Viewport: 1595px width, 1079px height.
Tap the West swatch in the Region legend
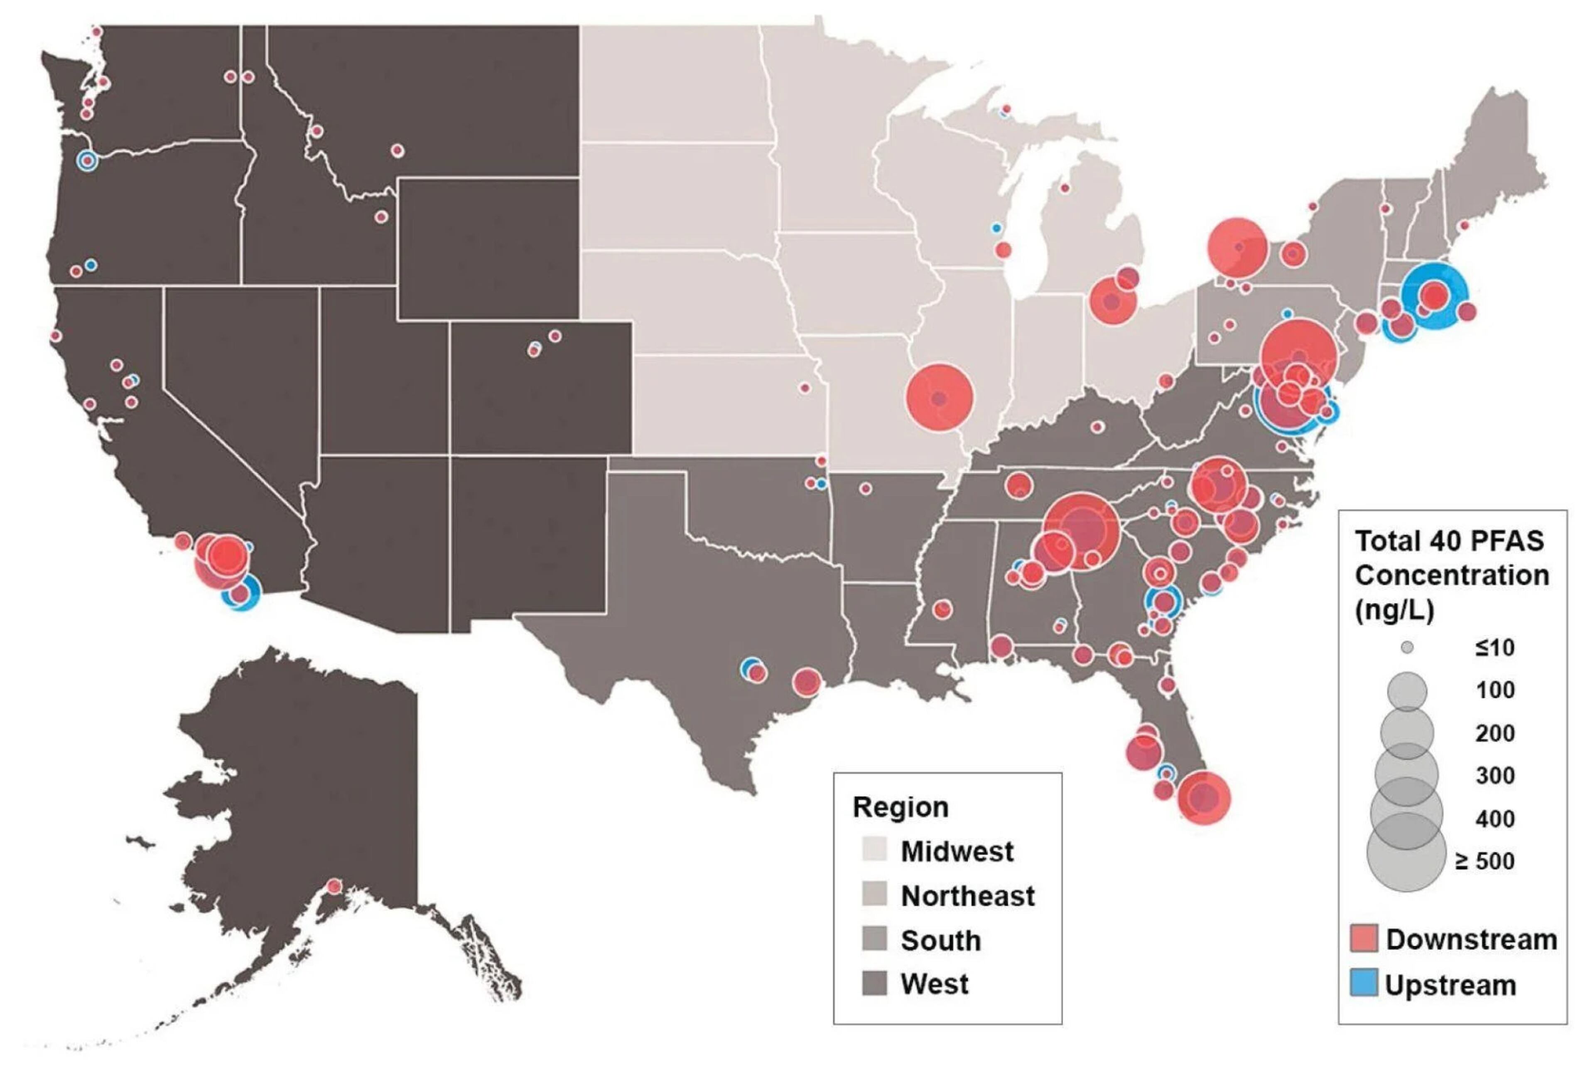tap(874, 983)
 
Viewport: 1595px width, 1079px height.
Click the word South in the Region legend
tap(940, 940)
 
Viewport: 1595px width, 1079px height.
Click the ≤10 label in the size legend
tap(1494, 647)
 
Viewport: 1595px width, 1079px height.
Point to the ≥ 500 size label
tap(1485, 861)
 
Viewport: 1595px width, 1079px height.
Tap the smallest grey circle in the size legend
tap(1407, 647)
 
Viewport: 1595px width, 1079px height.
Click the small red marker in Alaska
tap(334, 886)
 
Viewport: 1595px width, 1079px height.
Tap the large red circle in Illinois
tap(940, 398)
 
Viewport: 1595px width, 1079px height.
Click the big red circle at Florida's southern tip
tap(1203, 798)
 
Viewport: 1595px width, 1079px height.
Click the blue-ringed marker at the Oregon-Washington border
tap(86, 161)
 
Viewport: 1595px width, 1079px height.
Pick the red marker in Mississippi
tap(942, 609)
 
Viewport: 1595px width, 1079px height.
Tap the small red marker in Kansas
tap(805, 388)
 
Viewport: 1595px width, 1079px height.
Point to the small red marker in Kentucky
tap(1097, 427)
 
